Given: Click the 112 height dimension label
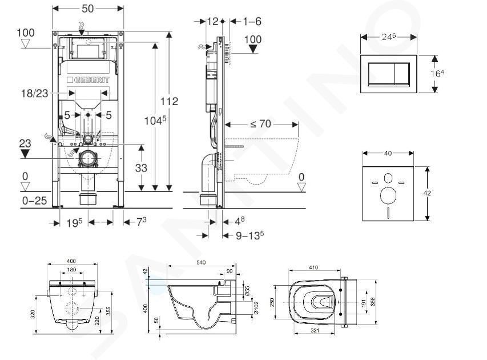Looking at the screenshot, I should (170, 102).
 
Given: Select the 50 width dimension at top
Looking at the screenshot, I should (88, 9).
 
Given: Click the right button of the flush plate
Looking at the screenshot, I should (403, 73).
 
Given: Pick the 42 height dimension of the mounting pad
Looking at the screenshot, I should (427, 193).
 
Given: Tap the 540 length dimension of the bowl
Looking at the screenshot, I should (201, 262).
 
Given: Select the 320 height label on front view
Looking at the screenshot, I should (35, 313).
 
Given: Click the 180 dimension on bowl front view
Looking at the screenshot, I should (72, 270).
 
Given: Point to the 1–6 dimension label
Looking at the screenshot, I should (251, 21).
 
